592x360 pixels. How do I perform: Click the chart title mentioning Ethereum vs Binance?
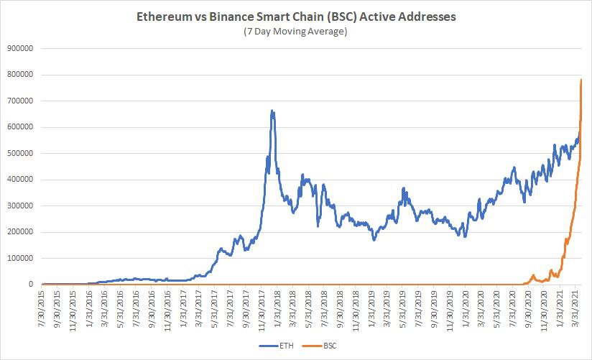296,16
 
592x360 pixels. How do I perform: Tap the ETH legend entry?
277,345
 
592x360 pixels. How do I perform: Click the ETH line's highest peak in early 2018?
272,111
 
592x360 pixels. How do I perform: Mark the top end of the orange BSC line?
581,79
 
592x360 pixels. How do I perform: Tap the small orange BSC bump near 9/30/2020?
533,275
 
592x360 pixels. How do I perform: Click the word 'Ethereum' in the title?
163,16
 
